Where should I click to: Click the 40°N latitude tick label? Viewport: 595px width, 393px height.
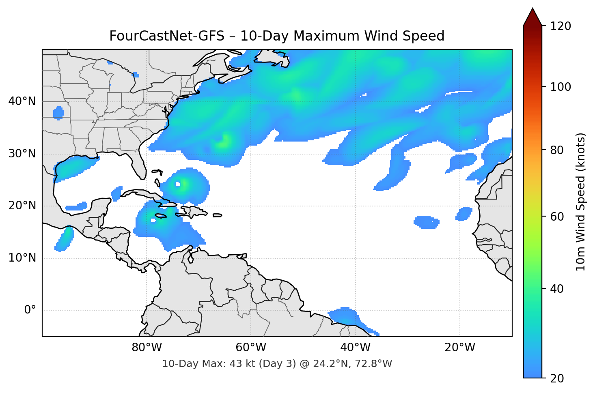click(x=22, y=101)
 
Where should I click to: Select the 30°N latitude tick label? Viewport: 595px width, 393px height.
click(x=22, y=154)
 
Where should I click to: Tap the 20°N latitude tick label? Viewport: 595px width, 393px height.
click(x=22, y=206)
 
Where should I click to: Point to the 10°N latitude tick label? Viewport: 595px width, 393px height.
click(x=22, y=258)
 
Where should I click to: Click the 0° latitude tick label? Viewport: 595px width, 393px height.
click(x=30, y=310)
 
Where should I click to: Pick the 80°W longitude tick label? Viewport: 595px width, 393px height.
click(x=147, y=348)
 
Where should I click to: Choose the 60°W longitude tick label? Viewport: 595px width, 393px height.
click(x=251, y=348)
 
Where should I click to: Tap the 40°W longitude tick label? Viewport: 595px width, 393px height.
click(x=356, y=348)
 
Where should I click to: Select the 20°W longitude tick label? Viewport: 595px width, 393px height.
click(x=460, y=348)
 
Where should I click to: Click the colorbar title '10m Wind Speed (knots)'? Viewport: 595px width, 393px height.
click(x=581, y=202)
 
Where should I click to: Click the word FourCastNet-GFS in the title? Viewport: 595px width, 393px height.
click(x=167, y=36)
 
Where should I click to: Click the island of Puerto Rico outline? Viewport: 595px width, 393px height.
click(x=217, y=215)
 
